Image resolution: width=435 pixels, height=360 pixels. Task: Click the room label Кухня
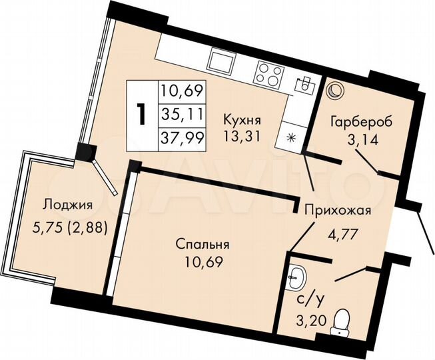(242, 121)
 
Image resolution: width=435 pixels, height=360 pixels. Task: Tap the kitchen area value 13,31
(242, 137)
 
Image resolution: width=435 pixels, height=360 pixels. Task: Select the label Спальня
(204, 243)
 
